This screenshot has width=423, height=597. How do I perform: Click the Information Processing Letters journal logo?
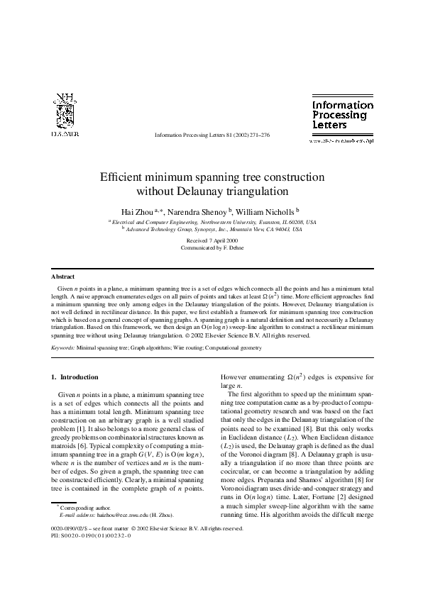coord(343,115)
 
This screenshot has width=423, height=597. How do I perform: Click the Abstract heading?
coord(64,276)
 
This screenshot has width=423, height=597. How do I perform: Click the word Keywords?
coord(63,349)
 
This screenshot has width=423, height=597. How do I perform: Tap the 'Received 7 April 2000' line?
coord(211,241)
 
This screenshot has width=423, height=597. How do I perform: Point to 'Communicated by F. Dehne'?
coord(211,248)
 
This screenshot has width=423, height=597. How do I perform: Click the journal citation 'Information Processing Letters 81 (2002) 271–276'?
coord(211,134)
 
